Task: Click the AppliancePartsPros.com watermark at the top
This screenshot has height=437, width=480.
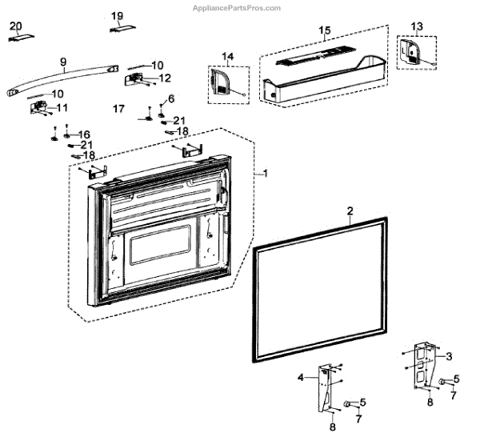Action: coord(236,7)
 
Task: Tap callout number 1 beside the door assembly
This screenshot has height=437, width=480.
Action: coord(266,173)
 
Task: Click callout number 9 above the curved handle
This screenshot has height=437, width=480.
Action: coord(63,61)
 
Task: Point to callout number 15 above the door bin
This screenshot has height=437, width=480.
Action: coord(324,30)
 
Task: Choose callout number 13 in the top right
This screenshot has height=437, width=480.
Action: coord(416,26)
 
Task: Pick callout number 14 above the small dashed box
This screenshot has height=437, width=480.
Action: coord(228,56)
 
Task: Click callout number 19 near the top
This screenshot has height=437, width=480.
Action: coord(117,16)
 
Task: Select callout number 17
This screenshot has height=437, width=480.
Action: coord(118,108)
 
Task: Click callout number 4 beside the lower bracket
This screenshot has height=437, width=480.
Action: coord(301,377)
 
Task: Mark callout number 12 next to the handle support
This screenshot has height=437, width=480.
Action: coord(165,78)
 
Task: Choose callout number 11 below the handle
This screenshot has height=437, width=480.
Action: coord(62,107)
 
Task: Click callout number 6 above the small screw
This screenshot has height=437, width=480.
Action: coord(170,98)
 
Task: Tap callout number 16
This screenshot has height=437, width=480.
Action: coord(84,134)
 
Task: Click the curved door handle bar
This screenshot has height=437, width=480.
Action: coord(64,77)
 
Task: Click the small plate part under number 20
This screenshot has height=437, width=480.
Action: coord(22,38)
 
